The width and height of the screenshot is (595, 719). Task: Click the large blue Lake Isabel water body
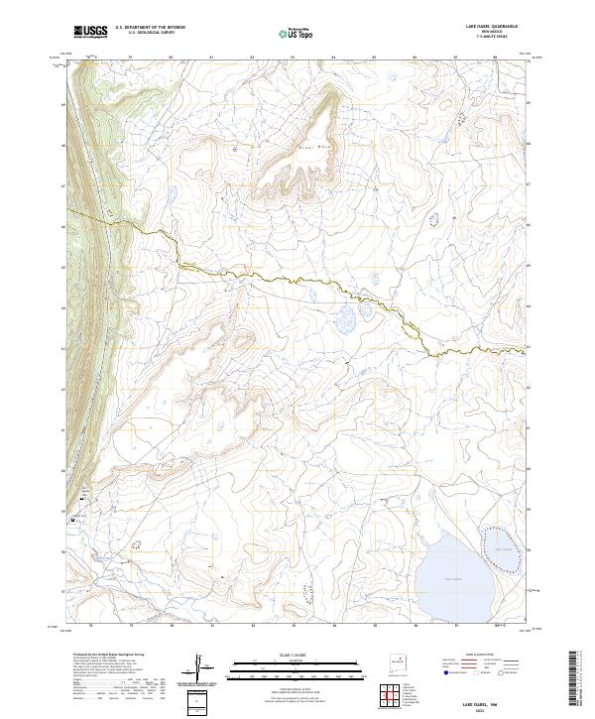click(446, 573)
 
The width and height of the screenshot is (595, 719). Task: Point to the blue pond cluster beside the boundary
click(347, 318)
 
